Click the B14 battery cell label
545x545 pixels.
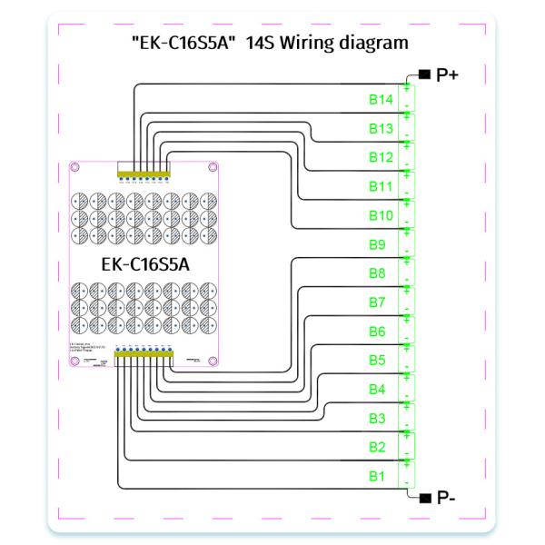[380, 98]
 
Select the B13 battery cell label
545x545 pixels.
[380, 128]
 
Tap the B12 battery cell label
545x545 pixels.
[380, 157]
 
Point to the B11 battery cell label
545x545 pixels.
[380, 186]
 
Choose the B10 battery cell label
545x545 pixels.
[380, 215]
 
